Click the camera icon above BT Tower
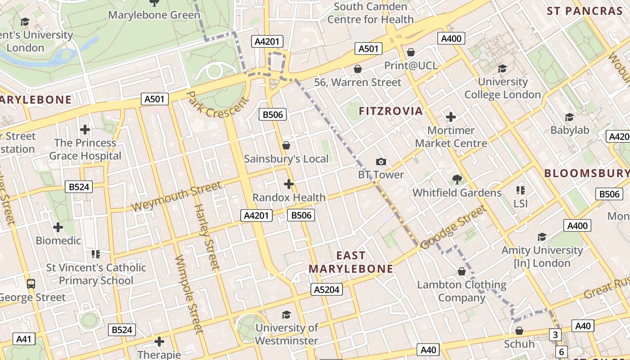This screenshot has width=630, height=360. tap(381, 162)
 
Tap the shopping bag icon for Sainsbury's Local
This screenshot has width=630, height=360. tap(286, 145)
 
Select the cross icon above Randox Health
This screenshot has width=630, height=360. tap(289, 184)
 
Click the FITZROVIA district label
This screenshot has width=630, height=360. tap(391, 111)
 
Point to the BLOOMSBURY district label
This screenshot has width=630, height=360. tap(586, 173)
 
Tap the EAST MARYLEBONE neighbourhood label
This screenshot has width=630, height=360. tap(351, 262)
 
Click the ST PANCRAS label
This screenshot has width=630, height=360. tap(584, 11)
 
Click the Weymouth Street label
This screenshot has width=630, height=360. tap(176, 197)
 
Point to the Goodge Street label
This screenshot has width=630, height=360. tap(454, 227)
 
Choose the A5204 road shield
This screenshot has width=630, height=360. tap(327, 289)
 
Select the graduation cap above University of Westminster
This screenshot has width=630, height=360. tap(286, 315)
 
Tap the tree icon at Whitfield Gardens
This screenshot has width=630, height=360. tap(457, 180)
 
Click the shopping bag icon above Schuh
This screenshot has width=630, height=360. tap(519, 331)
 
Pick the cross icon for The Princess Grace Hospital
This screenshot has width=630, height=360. tap(85, 130)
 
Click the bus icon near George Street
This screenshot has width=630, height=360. tap(31, 284)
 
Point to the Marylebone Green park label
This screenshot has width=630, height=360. tap(154, 15)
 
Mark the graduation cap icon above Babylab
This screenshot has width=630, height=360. tap(569, 117)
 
